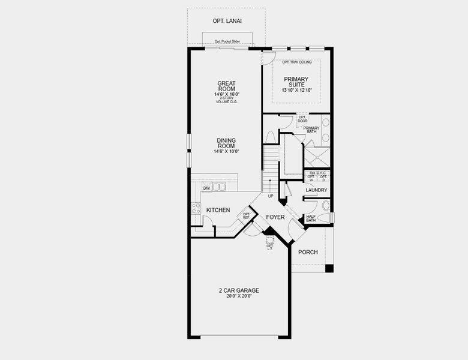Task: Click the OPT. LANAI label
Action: pyautogui.click(x=226, y=21)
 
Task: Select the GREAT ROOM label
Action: pyautogui.click(x=226, y=86)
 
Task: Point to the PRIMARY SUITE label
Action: pyautogui.click(x=296, y=82)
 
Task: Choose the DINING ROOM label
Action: pyautogui.click(x=226, y=143)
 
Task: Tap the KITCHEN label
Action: pyautogui.click(x=218, y=210)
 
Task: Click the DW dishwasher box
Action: pyautogui.click(x=206, y=188)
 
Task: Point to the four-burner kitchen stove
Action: pyautogui.click(x=196, y=209)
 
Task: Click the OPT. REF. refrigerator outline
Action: pyautogui.click(x=246, y=215)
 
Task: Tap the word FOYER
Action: pyautogui.click(x=275, y=217)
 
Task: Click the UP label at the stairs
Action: pyautogui.click(x=271, y=196)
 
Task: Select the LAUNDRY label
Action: pyautogui.click(x=316, y=191)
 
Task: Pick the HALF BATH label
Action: pyautogui.click(x=311, y=218)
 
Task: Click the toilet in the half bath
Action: pyautogui.click(x=325, y=206)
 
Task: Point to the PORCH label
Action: pyautogui.click(x=308, y=252)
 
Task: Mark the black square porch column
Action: pyautogui.click(x=329, y=268)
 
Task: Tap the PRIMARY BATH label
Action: pyautogui.click(x=311, y=130)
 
